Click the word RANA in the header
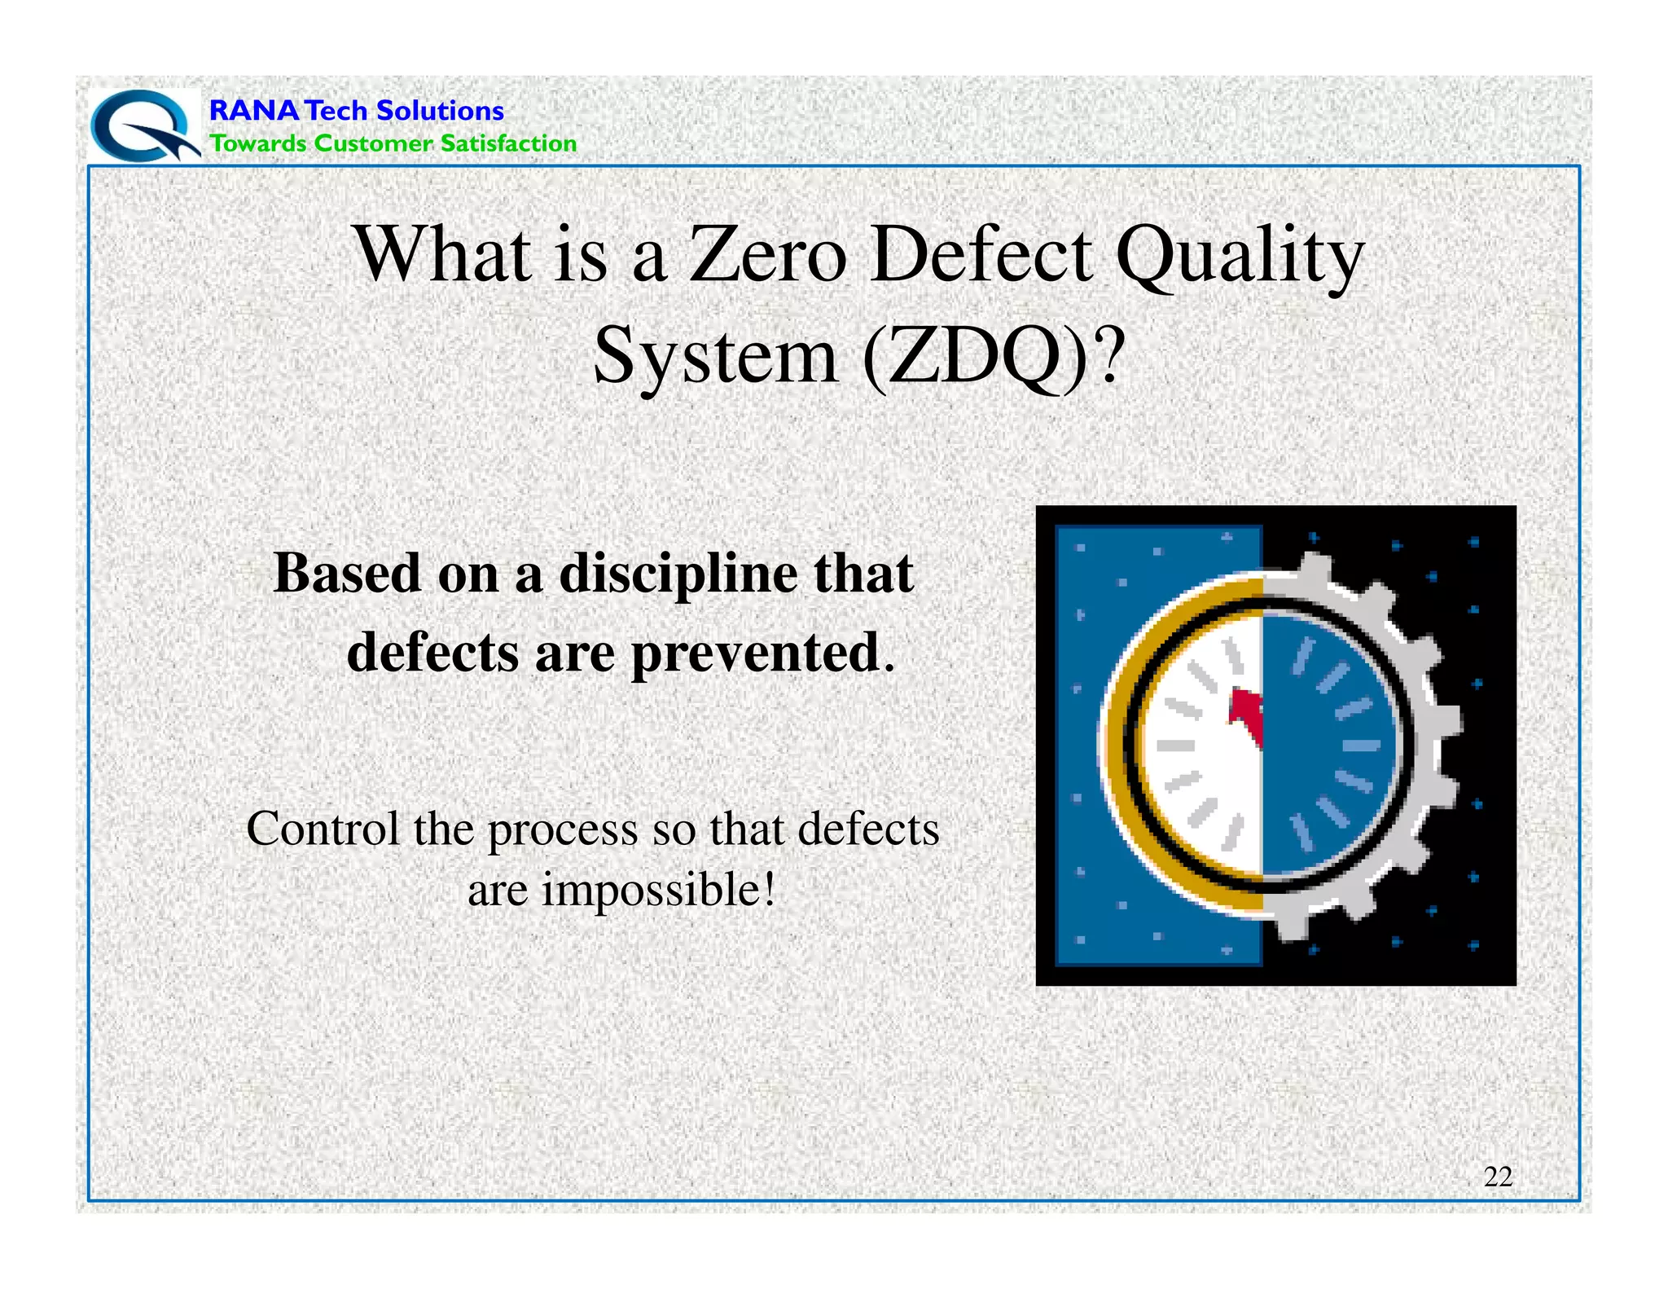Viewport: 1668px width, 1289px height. click(x=253, y=110)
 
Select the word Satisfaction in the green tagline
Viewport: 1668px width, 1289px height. click(x=508, y=143)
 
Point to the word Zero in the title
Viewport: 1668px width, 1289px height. click(x=767, y=255)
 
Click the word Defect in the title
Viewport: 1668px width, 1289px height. click(x=981, y=255)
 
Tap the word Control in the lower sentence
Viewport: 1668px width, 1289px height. click(x=323, y=829)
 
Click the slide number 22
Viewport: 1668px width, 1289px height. click(x=1497, y=1177)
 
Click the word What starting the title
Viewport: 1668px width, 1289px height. click(x=442, y=255)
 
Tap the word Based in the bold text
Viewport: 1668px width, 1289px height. click(x=347, y=574)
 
